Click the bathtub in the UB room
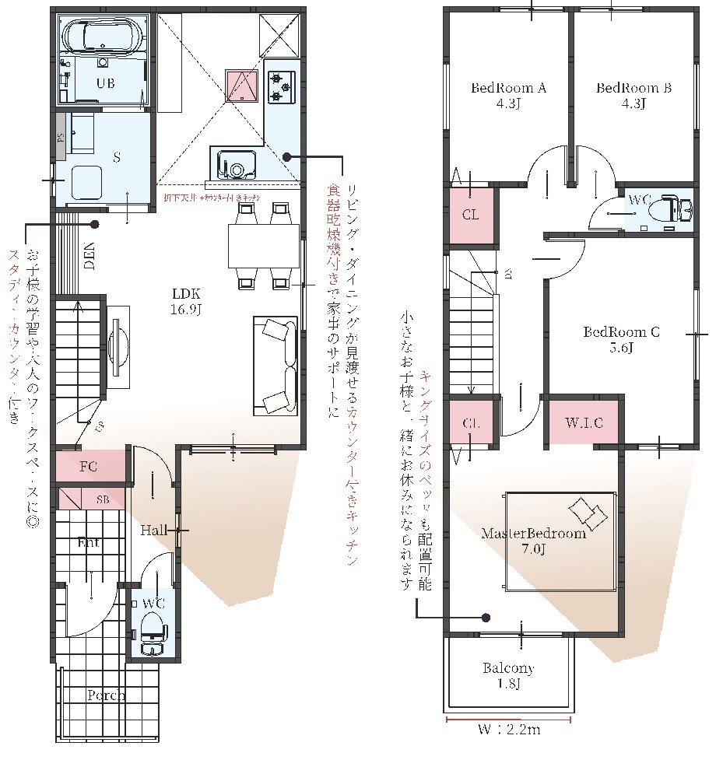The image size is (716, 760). pos(104,35)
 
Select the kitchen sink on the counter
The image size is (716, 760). pos(234,165)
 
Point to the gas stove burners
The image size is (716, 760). pos(280,87)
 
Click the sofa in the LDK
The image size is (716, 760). pos(275,366)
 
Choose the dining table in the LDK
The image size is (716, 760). pos(263,245)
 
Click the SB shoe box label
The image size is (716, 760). pos(103,499)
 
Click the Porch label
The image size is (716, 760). pos(106,695)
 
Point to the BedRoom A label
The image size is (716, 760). pos(508,96)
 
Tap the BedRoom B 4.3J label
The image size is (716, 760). pos(634,96)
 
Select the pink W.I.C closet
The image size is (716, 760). pos(584,423)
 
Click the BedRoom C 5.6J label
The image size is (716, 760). pos(622,340)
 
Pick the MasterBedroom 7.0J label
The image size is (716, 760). pos(533,542)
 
